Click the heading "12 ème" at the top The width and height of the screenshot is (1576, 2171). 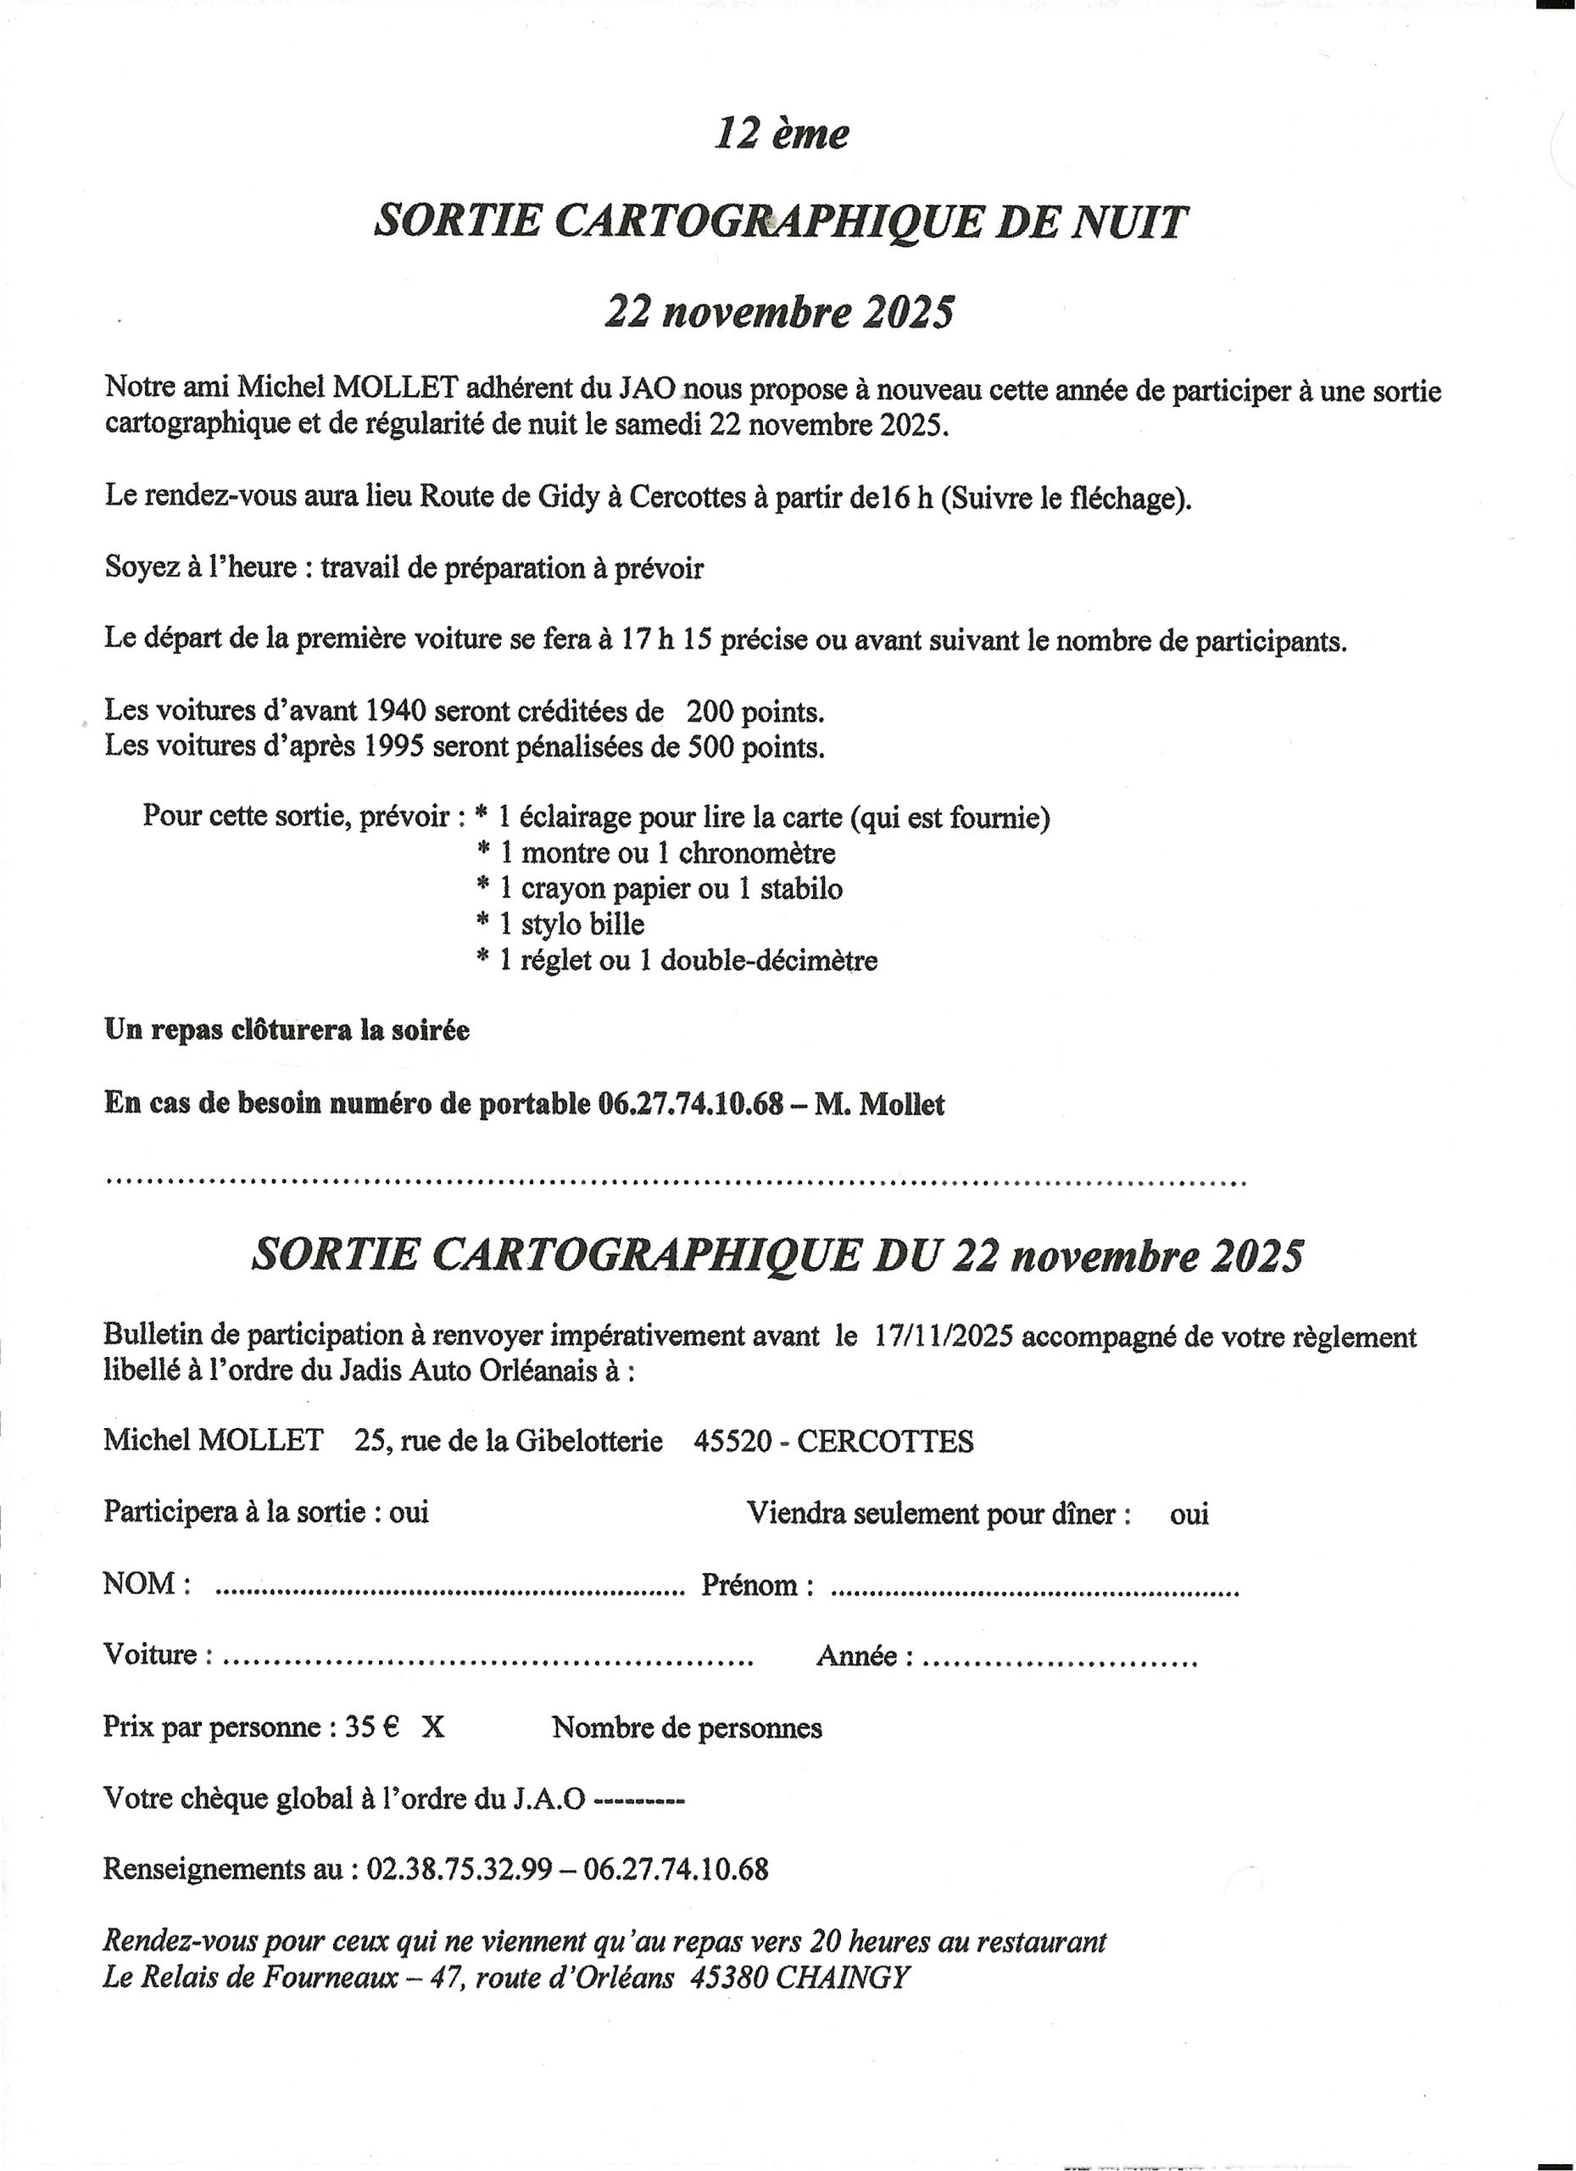pyautogui.click(x=781, y=133)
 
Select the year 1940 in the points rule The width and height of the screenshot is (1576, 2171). pyautogui.click(x=395, y=711)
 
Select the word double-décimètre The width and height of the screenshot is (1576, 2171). pyautogui.click(x=768, y=960)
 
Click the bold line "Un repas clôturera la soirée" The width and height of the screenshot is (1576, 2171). pyautogui.click(x=287, y=1030)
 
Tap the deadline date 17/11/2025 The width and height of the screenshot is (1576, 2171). pyautogui.click(x=943, y=1337)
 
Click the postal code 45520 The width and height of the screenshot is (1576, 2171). pyautogui.click(x=732, y=1441)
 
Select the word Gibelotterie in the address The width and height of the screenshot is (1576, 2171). pyautogui.click(x=588, y=1441)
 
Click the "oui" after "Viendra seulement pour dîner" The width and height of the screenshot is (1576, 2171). pyautogui.click(x=1189, y=1515)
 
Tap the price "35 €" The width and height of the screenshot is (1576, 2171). pyautogui.click(x=371, y=1727)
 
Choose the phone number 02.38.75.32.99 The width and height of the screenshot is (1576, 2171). pyautogui.click(x=459, y=1868)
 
